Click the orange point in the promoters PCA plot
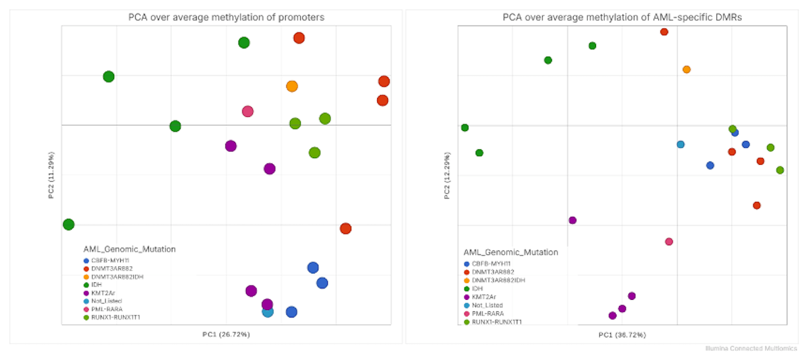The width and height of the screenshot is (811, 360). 292,86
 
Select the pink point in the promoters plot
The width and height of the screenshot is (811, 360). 247,111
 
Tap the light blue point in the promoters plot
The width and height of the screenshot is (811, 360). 267,311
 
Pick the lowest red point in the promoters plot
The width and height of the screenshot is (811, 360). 345,228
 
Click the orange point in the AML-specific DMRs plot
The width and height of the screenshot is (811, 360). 687,70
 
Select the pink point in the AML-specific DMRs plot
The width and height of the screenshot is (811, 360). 669,242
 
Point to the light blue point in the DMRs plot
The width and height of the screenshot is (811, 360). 681,145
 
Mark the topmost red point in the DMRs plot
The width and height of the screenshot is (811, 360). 664,32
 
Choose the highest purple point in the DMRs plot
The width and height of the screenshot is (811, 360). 572,220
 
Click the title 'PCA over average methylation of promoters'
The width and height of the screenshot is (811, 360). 226,18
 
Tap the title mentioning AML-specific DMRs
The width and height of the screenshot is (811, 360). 622,18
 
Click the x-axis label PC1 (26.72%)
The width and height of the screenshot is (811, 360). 226,334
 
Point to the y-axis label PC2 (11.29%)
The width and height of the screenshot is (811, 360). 51,176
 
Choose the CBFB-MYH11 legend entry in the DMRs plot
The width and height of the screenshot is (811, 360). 491,263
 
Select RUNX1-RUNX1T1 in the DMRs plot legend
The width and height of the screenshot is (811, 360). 497,322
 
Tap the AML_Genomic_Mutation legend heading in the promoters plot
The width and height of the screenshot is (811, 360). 129,249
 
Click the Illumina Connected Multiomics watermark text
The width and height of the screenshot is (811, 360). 751,349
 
